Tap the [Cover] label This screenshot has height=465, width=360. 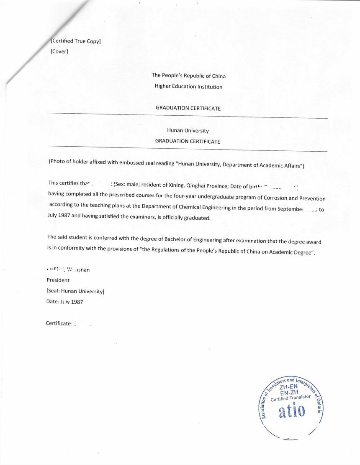(x=59, y=51)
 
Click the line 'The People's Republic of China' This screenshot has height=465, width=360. (x=188, y=76)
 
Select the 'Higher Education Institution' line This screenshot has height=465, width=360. (x=188, y=87)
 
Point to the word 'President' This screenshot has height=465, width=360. (x=58, y=280)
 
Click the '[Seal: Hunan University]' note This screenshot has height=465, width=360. (x=75, y=291)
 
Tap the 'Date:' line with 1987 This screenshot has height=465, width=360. (x=64, y=301)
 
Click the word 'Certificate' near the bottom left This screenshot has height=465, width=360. (x=59, y=323)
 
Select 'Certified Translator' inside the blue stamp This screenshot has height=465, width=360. (x=291, y=398)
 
